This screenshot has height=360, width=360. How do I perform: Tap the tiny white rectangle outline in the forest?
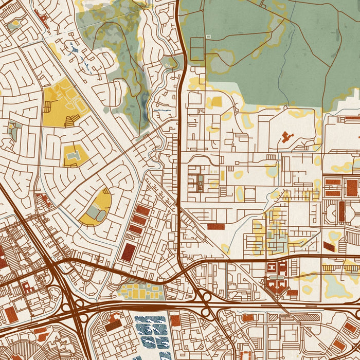coord(208,36)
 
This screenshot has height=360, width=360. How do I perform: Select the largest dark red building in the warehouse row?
coord(128,251)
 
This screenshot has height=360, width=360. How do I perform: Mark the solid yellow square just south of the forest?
coord(216,102)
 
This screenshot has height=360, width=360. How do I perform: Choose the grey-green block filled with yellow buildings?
coord(141,292)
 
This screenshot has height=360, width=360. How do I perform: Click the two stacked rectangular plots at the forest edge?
coord(197,49)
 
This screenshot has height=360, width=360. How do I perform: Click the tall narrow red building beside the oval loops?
coord(341,210)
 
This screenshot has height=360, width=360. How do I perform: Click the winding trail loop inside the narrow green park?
coord(116,57)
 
